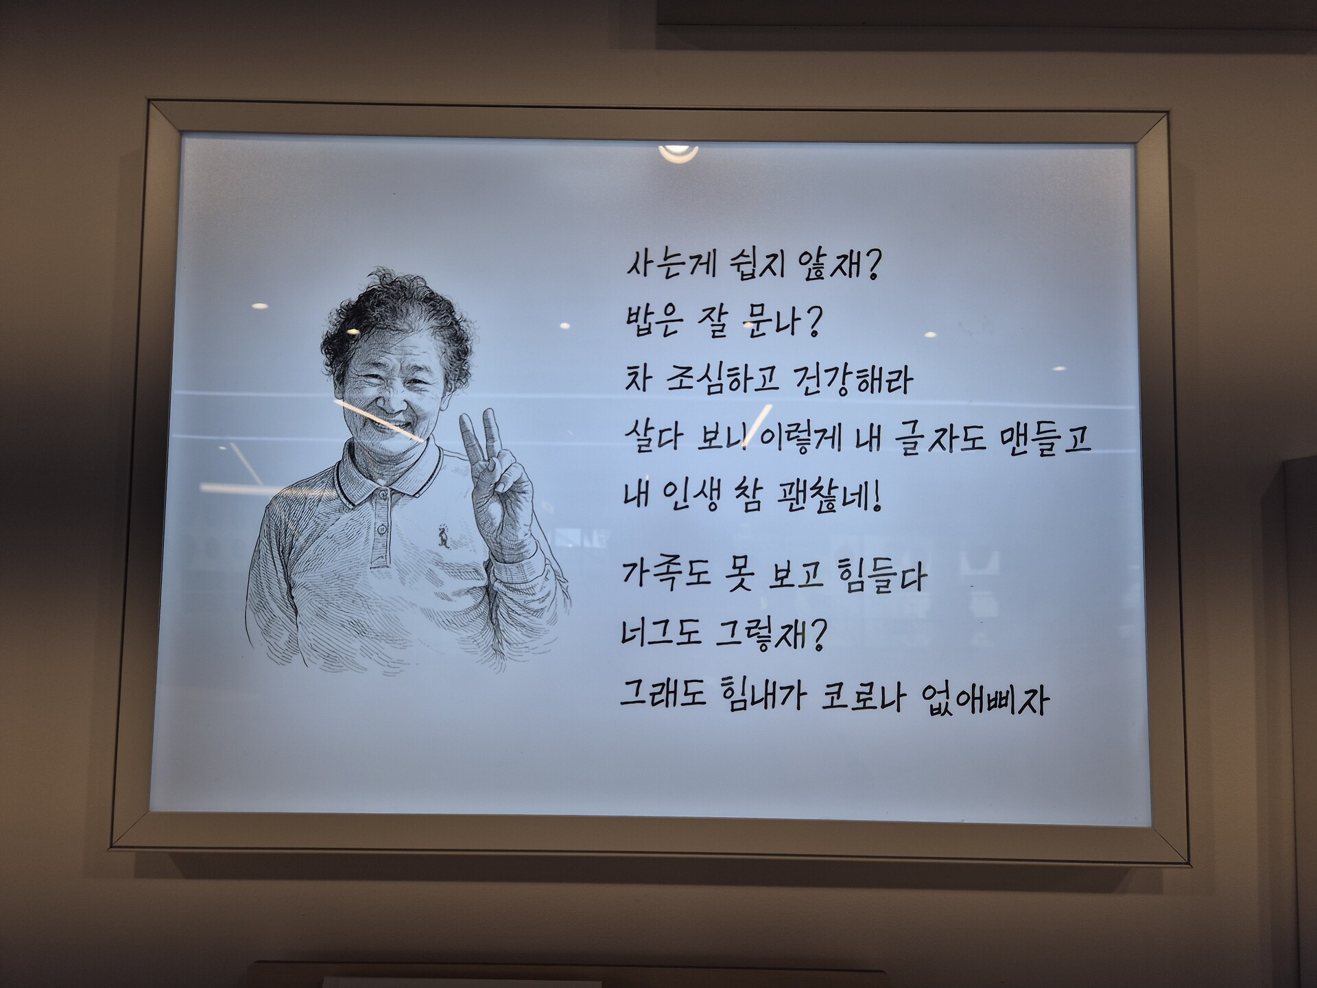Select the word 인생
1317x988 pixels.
point(690,494)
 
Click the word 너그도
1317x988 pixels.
point(661,632)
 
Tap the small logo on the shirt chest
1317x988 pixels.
point(444,537)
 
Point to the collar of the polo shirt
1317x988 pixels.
point(388,473)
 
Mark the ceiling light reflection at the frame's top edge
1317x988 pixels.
point(678,152)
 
